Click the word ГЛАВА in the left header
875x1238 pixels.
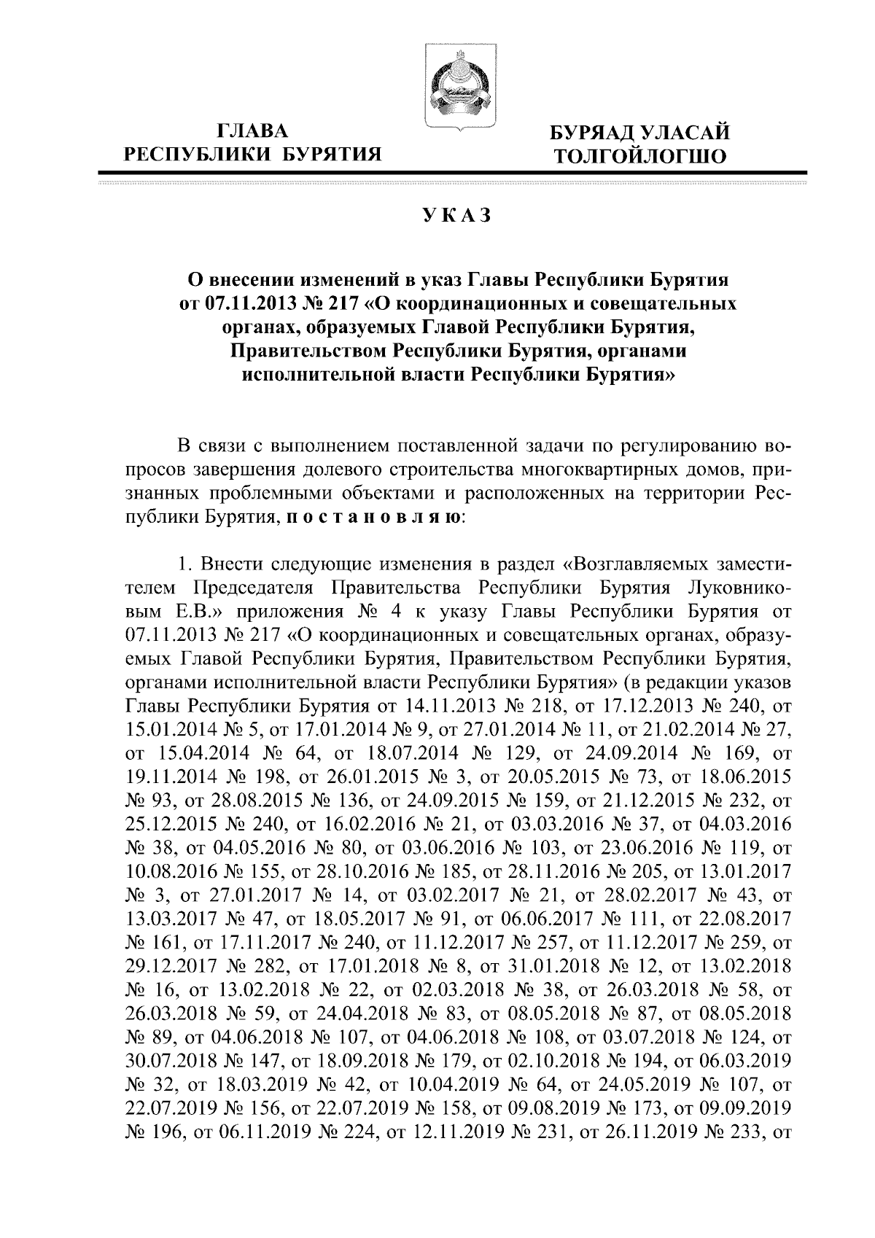254,131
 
